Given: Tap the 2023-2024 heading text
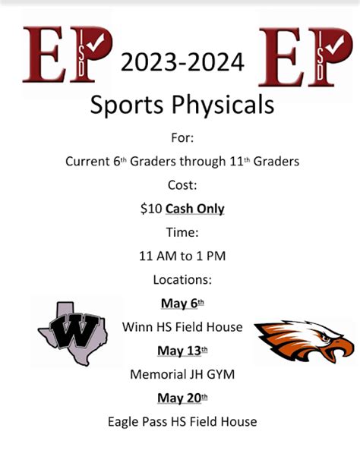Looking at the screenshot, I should pyautogui.click(x=182, y=63).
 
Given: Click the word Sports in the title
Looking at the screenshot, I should pyautogui.click(x=130, y=105).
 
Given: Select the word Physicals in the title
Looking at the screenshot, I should pyautogui.click(x=224, y=105).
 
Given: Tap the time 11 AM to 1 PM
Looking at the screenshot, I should pyautogui.click(x=182, y=256).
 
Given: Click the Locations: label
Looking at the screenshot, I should pyautogui.click(x=182, y=279).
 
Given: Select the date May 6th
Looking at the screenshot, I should pyautogui.click(x=182, y=303).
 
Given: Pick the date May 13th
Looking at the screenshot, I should pyautogui.click(x=182, y=350).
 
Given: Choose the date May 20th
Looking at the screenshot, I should pyautogui.click(x=182, y=397).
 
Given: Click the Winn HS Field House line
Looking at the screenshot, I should pyautogui.click(x=182, y=326).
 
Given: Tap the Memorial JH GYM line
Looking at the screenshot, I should pyautogui.click(x=182, y=373).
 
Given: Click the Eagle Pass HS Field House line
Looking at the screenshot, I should pyautogui.click(x=182, y=420).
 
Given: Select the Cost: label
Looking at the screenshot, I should pyautogui.click(x=182, y=184).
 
